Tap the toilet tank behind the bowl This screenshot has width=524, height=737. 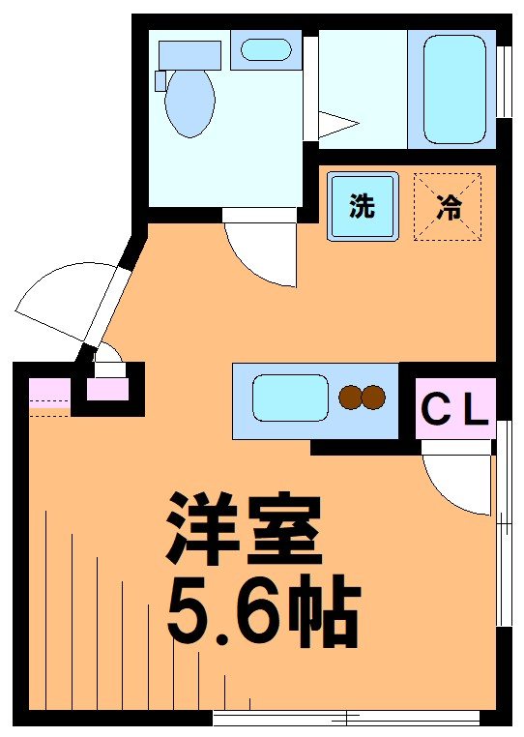(x=189, y=54)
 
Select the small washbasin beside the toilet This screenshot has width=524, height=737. (x=265, y=49)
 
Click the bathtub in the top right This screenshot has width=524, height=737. (x=452, y=87)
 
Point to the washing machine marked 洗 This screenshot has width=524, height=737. (x=363, y=206)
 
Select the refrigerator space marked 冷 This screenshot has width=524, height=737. (x=448, y=206)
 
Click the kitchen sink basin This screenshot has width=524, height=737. (x=290, y=398)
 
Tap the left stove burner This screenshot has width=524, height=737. (x=351, y=397)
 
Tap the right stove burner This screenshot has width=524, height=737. (x=373, y=397)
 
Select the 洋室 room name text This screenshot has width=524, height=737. (x=243, y=530)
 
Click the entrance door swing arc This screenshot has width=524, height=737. (x=58, y=300)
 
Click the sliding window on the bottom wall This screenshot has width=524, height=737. (x=346, y=718)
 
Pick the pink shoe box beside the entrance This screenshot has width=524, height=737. (x=107, y=390)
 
